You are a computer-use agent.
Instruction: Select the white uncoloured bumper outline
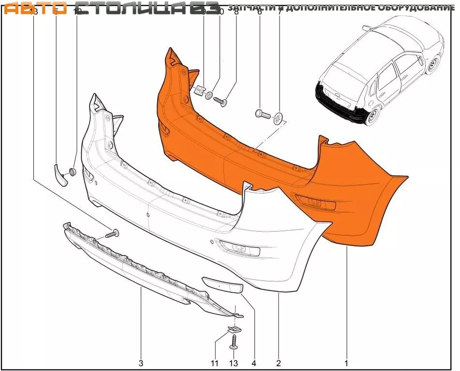coord(193,227)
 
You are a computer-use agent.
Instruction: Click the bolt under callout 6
coord(262,114)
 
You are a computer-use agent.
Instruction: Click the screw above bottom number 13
coord(234,342)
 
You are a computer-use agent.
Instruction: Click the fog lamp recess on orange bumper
coord(314,203)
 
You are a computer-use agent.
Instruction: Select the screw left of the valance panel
coord(113,234)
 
